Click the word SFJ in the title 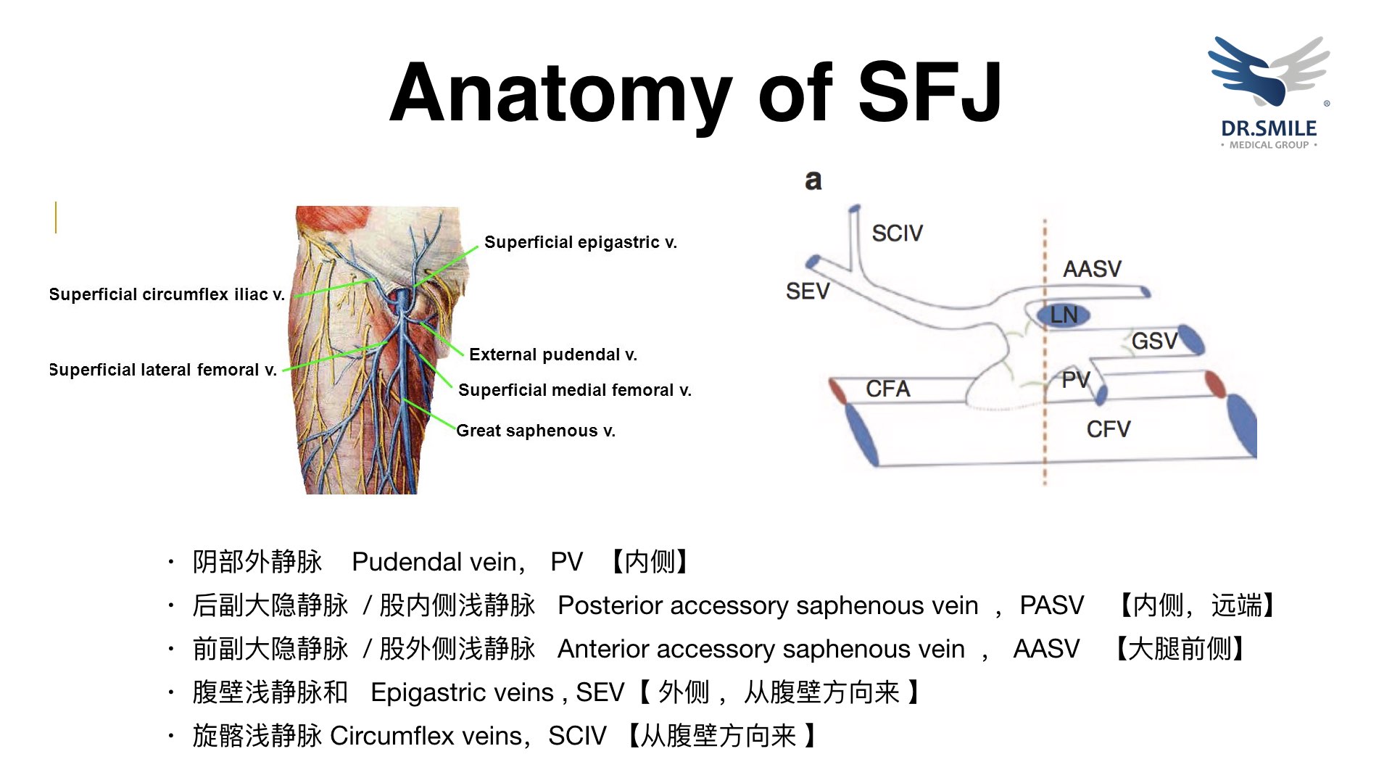click(930, 92)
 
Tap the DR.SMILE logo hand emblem click(1267, 71)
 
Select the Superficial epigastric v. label click(580, 242)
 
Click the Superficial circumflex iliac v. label click(167, 294)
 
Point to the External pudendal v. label click(552, 355)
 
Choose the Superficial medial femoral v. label click(574, 390)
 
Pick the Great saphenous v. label click(536, 431)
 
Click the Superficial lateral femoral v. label click(163, 370)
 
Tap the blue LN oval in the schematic click(1063, 315)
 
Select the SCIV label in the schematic click(897, 233)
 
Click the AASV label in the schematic click(1092, 269)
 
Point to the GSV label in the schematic click(1154, 341)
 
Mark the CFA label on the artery click(887, 389)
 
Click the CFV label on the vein click(1108, 429)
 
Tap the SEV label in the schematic click(807, 291)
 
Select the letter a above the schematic click(813, 181)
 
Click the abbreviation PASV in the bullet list click(1051, 605)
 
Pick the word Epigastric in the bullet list click(426, 692)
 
